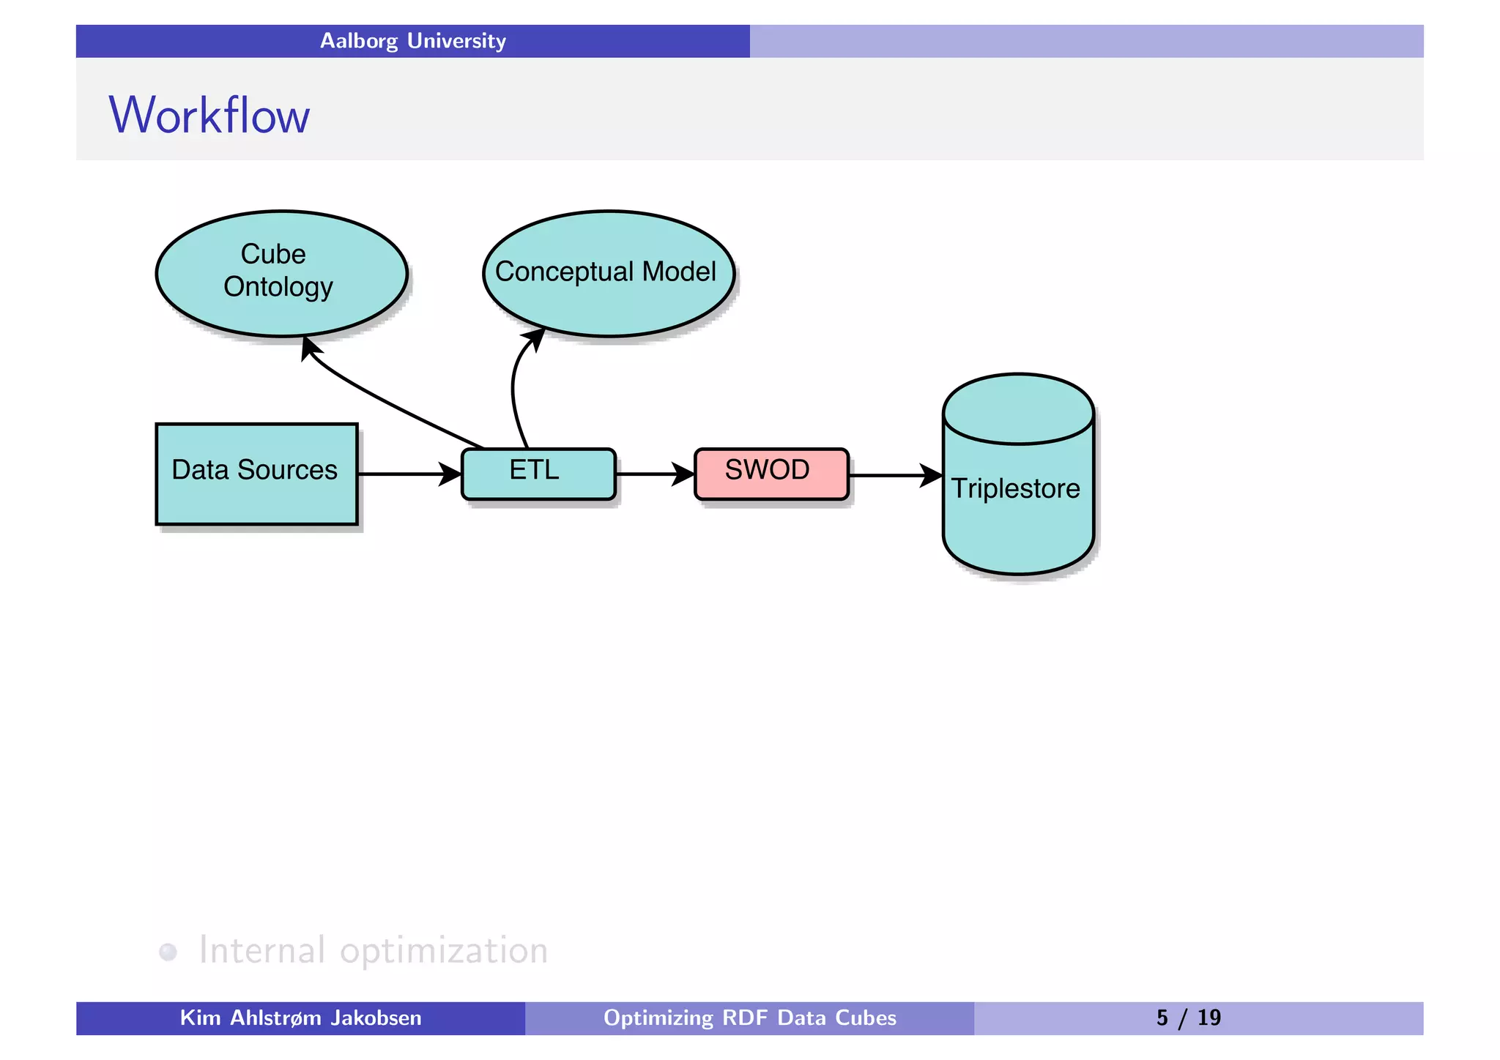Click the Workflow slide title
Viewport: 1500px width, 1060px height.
209,115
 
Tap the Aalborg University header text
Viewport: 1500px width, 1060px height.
412,41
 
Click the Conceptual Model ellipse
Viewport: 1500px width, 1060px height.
608,272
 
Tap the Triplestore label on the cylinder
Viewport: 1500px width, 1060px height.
1015,488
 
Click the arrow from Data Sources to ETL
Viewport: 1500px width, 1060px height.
406,474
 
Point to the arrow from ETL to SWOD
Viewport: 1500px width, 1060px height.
652,474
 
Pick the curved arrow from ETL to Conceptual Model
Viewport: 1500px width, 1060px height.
514,388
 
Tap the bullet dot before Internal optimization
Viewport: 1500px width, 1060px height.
168,952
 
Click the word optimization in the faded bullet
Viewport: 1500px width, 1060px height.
444,950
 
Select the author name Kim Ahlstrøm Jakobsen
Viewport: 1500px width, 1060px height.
300,1018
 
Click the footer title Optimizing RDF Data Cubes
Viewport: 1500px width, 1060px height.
749,1018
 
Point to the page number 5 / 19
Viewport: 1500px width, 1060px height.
1188,1018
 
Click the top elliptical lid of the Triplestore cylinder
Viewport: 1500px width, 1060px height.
1018,408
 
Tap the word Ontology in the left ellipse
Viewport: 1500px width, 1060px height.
278,287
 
